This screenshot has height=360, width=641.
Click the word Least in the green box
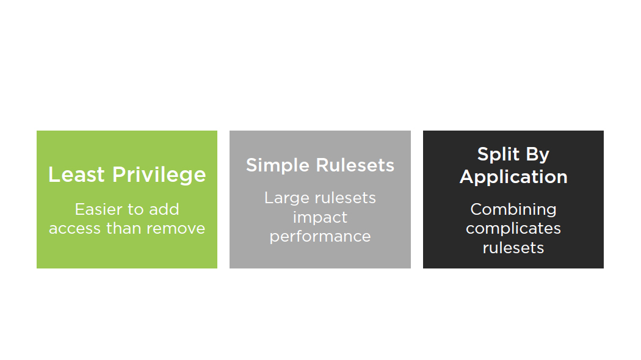(76, 175)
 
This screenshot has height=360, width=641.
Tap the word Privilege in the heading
(159, 175)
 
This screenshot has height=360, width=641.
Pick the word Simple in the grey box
(277, 165)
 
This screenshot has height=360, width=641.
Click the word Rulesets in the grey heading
(355, 165)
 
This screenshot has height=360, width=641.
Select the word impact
(320, 217)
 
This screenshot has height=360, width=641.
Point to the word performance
(320, 237)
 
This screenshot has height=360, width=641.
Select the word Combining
(513, 210)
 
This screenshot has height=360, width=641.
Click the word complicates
(513, 228)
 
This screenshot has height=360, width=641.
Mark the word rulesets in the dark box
(513, 248)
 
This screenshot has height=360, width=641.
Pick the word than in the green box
(123, 228)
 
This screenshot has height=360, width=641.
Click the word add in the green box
(164, 209)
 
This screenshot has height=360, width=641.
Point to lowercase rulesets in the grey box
(345, 198)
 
